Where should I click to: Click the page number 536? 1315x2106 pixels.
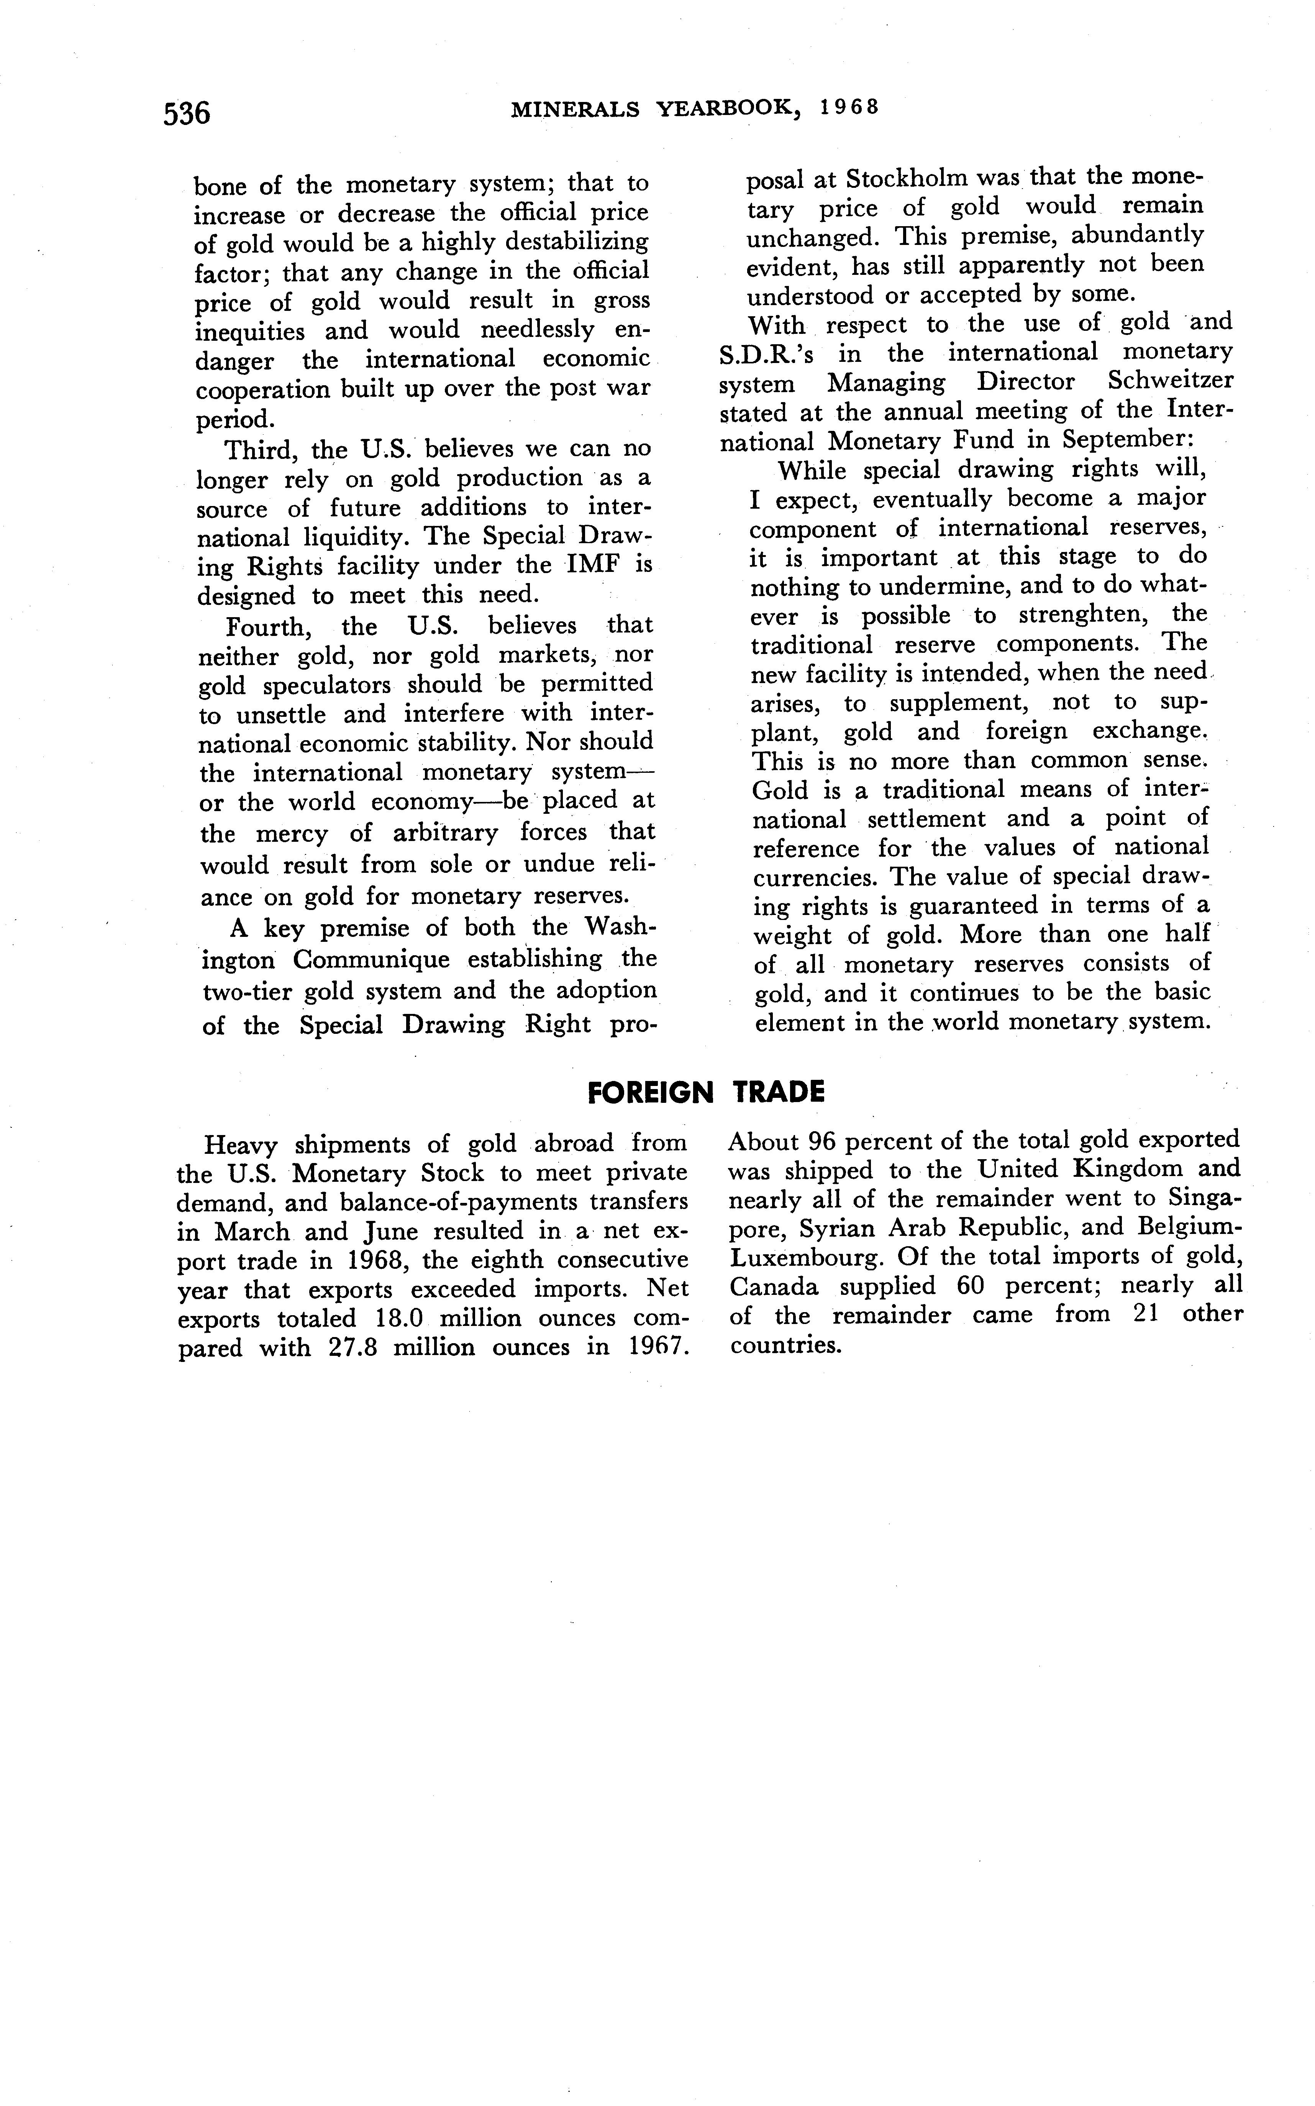point(187,113)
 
